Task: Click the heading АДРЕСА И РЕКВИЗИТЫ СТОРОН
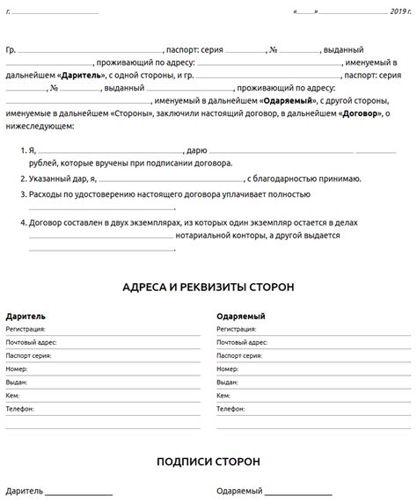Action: coord(208,287)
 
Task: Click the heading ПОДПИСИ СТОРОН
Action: coord(208,461)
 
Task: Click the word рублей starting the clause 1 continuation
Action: coord(43,164)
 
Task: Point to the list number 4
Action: coord(22,223)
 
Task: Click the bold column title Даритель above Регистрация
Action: coord(26,315)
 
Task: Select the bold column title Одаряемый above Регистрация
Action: coord(241,315)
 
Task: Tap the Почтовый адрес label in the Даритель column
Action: coord(31,340)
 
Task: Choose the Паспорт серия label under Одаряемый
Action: coord(238,354)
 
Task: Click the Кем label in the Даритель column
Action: coord(12,396)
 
